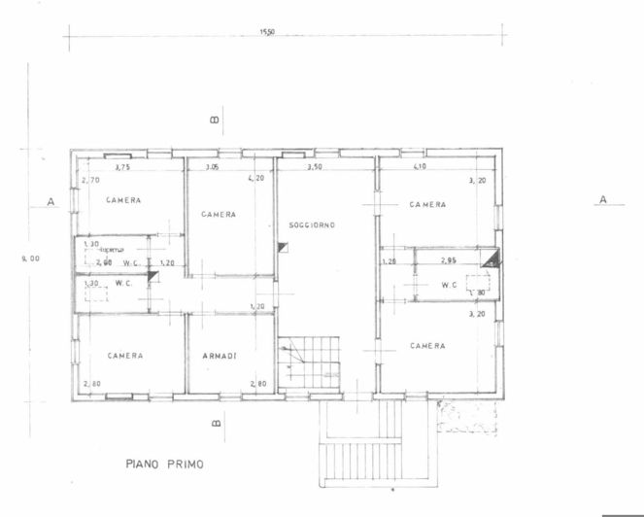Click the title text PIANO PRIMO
[164, 465]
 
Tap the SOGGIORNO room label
[312, 224]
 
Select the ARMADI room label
[220, 356]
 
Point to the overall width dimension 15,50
[267, 32]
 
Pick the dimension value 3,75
[123, 168]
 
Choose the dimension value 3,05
[212, 168]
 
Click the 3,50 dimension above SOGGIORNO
[315, 168]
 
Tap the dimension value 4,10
[420, 168]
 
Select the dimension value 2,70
[91, 180]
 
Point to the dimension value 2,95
[449, 261]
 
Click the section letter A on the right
[603, 199]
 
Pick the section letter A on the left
[48, 203]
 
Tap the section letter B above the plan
[216, 121]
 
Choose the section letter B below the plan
[218, 423]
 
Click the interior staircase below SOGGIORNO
[310, 362]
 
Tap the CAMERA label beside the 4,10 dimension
[427, 205]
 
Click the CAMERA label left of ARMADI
[125, 356]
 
